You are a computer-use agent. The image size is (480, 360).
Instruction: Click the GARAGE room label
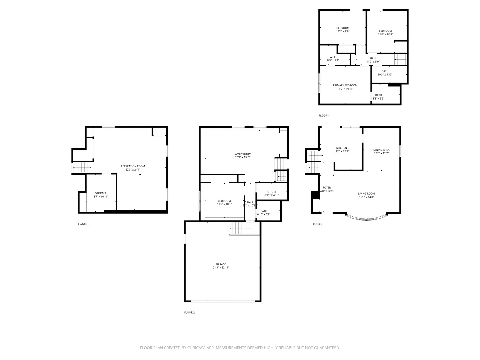point(221,264)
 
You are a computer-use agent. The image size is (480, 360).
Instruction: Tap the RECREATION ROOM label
point(133,166)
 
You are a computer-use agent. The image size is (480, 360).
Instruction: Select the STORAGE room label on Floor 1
point(101,193)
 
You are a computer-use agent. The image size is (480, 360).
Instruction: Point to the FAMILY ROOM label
point(242,154)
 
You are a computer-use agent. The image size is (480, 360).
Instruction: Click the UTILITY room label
point(272,192)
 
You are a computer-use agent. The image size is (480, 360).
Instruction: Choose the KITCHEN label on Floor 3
point(341,148)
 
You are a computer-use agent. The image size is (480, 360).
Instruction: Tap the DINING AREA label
point(381,150)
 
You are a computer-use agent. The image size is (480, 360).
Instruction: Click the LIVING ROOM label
point(366,193)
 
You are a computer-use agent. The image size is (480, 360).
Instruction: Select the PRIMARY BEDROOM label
point(345,85)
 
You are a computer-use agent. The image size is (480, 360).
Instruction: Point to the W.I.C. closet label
point(333,57)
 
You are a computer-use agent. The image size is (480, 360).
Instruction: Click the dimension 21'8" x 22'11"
point(221,268)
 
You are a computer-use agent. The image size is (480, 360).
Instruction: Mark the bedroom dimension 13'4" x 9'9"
point(343,31)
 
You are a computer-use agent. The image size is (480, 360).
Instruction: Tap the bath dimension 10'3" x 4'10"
point(385,75)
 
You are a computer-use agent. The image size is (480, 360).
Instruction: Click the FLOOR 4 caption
point(324,116)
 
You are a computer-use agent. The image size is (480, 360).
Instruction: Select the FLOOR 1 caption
point(83,224)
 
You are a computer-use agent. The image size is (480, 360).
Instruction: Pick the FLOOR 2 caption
point(189,312)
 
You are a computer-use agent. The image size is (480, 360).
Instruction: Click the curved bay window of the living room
point(366,219)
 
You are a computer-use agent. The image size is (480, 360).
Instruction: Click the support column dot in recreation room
point(140,174)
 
